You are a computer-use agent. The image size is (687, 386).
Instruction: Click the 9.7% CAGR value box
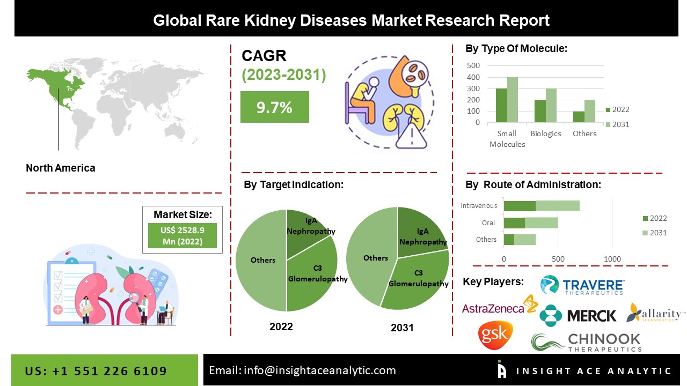point(274,107)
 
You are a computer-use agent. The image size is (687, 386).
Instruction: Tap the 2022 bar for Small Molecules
point(501,106)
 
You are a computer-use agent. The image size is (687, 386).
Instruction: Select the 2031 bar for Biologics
point(551,106)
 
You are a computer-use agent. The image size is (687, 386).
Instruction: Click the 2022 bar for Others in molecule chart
point(579,117)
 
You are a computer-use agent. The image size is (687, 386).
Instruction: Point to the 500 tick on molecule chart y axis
point(474,66)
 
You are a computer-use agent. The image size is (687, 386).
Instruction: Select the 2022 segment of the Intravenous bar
point(520,206)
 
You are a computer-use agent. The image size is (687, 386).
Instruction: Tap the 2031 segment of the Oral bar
point(541,222)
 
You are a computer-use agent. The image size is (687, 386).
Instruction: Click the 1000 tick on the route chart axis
point(612,259)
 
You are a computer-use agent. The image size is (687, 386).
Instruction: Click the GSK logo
point(495,335)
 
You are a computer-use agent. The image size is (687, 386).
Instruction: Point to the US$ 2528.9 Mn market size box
point(182,236)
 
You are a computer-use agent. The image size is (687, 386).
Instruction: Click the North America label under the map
point(61,168)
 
